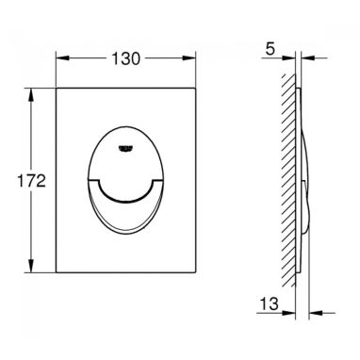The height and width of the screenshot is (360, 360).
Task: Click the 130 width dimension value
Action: pos(125,58)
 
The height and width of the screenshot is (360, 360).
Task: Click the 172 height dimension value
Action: pos(31,181)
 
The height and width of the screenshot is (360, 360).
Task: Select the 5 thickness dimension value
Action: pos(270,49)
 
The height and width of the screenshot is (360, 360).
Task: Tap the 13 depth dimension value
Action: pos(270,303)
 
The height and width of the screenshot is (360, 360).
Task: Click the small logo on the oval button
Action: pos(125,148)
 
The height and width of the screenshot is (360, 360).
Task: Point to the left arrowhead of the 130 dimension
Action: pos(62,58)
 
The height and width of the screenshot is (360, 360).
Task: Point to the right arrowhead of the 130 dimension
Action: pos(189,58)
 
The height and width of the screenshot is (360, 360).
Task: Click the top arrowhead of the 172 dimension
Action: pos(31,94)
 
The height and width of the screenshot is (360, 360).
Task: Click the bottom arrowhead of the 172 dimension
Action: pos(31,266)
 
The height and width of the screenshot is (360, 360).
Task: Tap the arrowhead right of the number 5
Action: pos(289,58)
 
